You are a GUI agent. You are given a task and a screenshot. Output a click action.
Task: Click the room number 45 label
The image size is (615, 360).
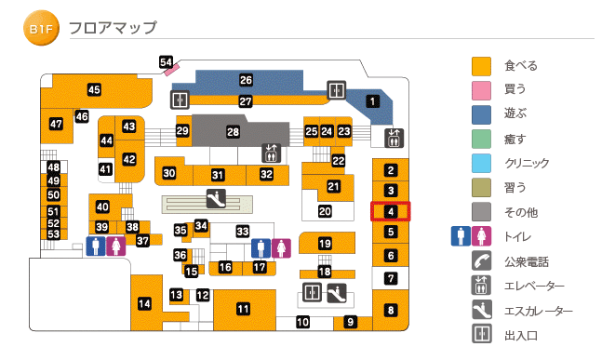point(94,90)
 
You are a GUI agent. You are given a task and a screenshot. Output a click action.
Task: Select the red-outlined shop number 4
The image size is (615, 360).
point(391,211)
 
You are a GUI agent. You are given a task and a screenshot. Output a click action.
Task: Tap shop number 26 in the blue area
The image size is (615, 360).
point(246,81)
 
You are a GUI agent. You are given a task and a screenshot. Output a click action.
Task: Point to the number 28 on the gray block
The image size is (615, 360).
point(234,133)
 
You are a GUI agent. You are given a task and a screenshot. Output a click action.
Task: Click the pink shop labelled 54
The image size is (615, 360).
point(167,63)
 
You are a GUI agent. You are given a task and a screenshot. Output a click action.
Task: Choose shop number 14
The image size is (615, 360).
point(144,303)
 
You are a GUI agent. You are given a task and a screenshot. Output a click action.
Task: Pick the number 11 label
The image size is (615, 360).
point(244,309)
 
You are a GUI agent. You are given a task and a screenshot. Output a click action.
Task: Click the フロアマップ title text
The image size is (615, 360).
point(113,30)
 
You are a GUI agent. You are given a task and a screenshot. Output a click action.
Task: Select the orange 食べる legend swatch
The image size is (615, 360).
point(481,66)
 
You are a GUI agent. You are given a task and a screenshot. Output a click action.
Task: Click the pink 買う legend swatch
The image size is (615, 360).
point(481,90)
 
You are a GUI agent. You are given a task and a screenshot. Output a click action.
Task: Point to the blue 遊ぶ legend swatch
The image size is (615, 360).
point(481,114)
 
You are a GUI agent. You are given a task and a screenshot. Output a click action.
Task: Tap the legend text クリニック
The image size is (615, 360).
point(528,163)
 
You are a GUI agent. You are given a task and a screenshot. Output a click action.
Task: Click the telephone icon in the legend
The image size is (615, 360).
point(481,262)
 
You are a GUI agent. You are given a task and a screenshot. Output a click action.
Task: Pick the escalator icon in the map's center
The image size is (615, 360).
point(215,198)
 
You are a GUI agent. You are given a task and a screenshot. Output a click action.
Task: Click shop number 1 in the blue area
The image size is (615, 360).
point(373,101)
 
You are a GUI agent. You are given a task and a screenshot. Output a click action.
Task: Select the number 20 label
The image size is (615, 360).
point(325,211)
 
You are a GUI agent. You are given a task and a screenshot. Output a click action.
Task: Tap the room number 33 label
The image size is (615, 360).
point(243,231)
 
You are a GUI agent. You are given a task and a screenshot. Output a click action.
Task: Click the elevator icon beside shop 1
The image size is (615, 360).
point(394,138)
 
